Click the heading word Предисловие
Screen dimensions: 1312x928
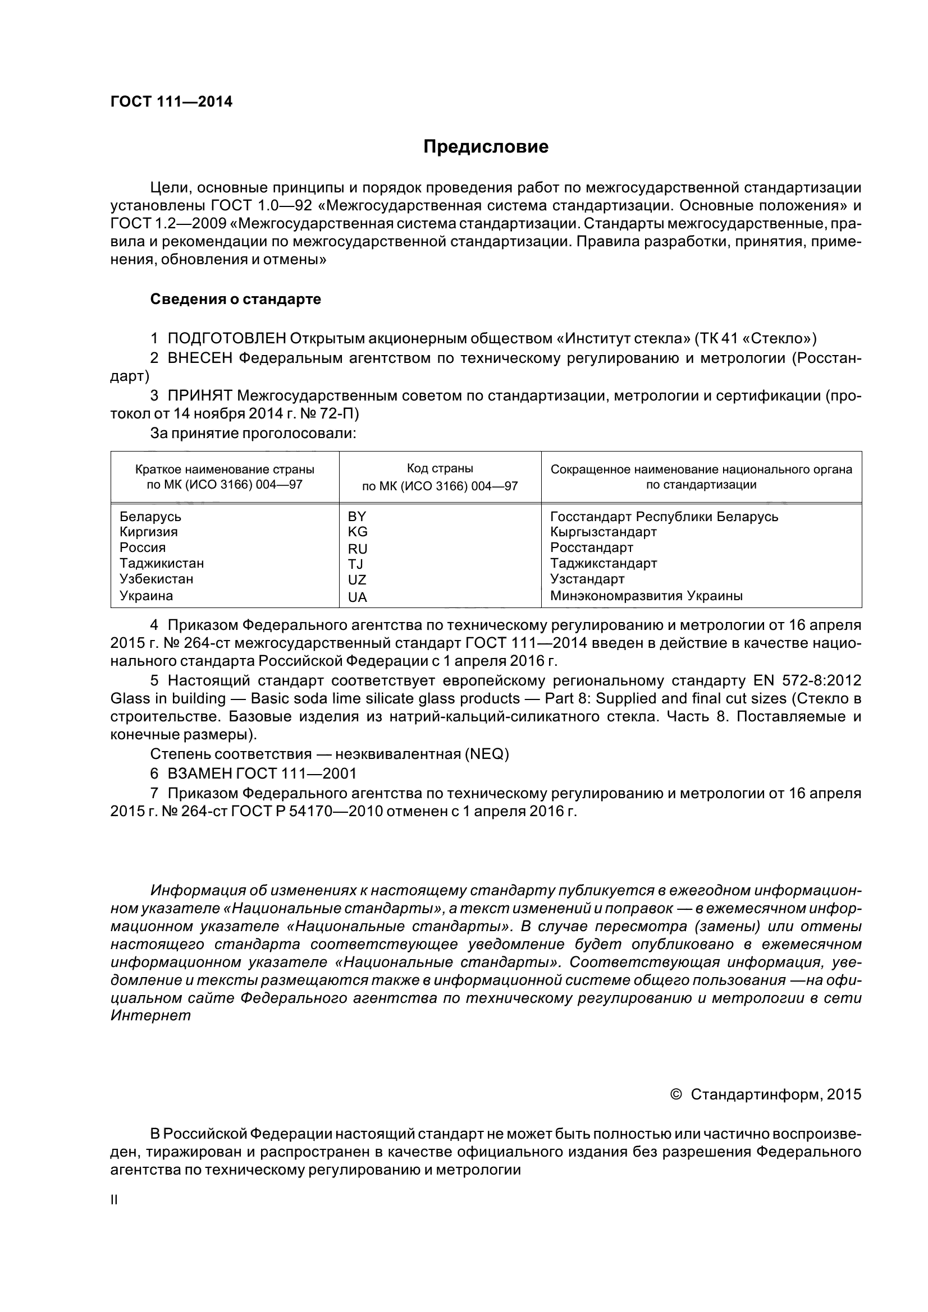[486, 147]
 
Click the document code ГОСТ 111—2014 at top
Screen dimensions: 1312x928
[172, 102]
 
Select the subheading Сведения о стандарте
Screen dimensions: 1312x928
[236, 300]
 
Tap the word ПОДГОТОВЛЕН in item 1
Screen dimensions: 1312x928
[226, 339]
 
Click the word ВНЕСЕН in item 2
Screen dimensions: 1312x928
[200, 358]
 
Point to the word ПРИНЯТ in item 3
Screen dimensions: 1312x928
[200, 395]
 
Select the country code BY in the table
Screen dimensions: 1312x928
[357, 517]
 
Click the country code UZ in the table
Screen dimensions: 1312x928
[357, 580]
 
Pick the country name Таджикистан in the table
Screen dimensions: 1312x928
[162, 563]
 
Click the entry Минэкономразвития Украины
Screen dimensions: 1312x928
[646, 596]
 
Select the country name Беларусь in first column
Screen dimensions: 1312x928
[150, 517]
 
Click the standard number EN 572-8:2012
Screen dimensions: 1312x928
[803, 680]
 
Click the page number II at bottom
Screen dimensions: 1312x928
[114, 1200]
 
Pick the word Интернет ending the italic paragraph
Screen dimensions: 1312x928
[150, 1016]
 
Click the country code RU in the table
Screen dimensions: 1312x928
[358, 549]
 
